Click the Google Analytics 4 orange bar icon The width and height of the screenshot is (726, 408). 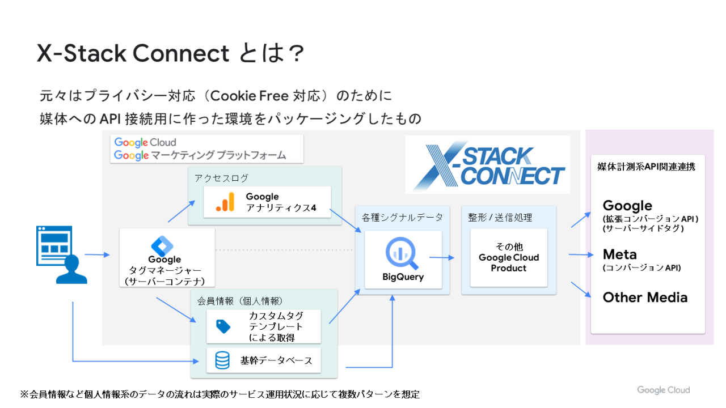click(x=225, y=202)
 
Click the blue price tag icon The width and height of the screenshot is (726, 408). click(x=223, y=326)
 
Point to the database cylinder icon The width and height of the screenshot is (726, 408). click(x=222, y=360)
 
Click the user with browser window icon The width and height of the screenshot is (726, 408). click(x=62, y=254)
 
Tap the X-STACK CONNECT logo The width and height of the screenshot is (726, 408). click(x=488, y=165)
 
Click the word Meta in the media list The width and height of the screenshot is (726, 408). click(x=619, y=254)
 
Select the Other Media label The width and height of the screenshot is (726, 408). click(x=645, y=297)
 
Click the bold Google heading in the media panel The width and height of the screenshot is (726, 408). click(x=627, y=206)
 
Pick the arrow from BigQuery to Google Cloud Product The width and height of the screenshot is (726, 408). click(x=442, y=258)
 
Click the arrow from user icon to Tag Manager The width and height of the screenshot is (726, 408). click(x=97, y=255)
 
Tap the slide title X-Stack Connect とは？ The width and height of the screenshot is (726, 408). click(x=170, y=54)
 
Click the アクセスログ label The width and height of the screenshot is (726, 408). click(x=221, y=178)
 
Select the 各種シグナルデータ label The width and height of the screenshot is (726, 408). click(x=402, y=218)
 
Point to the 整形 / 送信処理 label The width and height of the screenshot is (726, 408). click(x=500, y=218)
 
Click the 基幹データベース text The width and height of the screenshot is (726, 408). click(x=276, y=360)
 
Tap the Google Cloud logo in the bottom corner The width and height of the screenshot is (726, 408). click(x=663, y=390)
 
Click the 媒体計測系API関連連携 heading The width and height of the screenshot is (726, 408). click(x=646, y=167)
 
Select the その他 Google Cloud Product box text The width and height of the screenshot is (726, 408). click(x=509, y=258)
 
